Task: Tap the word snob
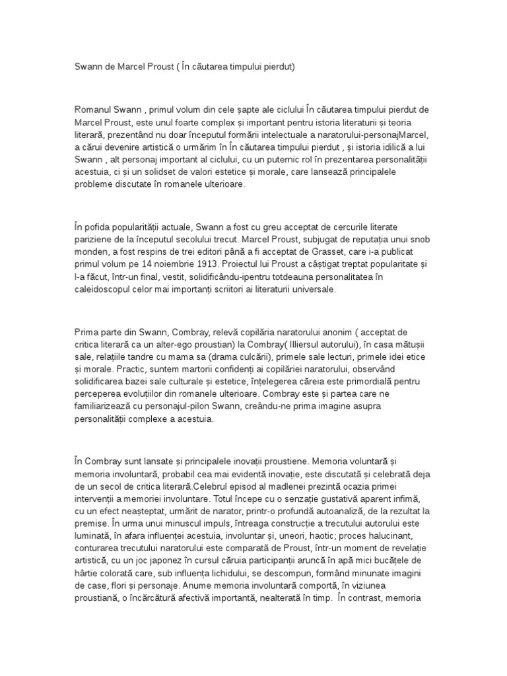click(411, 239)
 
